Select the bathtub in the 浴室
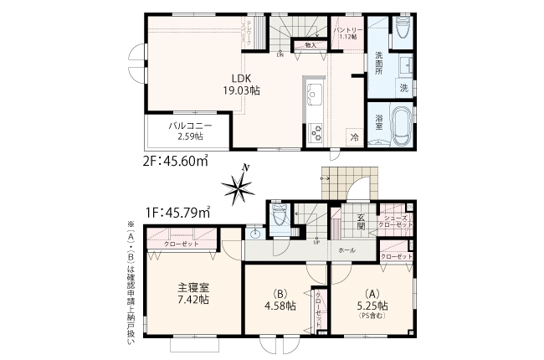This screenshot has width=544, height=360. [x=400, y=126]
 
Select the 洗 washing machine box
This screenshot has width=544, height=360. [x=403, y=88]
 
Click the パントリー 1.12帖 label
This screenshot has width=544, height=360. [x=346, y=33]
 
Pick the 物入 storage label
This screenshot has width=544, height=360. [x=310, y=44]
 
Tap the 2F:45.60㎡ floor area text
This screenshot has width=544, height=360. [x=176, y=162]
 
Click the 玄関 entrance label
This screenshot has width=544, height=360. [x=361, y=221]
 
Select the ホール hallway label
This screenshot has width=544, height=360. [x=346, y=250]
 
